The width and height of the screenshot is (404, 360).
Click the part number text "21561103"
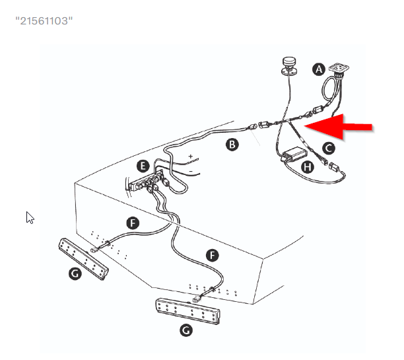tap(44, 20)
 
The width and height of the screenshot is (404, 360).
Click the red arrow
tap(339, 126)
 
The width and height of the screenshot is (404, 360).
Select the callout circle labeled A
tap(319, 69)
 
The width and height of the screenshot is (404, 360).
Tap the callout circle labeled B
tap(232, 145)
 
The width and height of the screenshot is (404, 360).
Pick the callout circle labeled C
tap(329, 148)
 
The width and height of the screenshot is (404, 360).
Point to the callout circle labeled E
tap(143, 166)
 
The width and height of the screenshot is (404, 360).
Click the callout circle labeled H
tap(308, 167)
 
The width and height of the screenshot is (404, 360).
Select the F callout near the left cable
tap(133, 223)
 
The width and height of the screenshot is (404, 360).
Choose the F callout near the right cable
tap(213, 255)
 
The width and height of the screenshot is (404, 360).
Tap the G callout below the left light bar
tap(75, 273)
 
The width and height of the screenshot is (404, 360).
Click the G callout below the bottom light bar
tap(186, 330)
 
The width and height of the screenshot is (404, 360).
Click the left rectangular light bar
tap(83, 258)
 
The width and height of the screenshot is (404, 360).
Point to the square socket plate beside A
tap(339, 68)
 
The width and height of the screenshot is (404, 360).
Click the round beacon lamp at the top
tap(289, 65)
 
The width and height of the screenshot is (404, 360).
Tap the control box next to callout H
tap(294, 154)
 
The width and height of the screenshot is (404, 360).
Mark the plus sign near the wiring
tap(190, 157)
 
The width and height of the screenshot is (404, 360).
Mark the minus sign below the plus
tap(191, 171)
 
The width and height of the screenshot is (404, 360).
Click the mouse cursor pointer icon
tap(30, 217)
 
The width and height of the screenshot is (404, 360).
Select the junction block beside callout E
tap(147, 182)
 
